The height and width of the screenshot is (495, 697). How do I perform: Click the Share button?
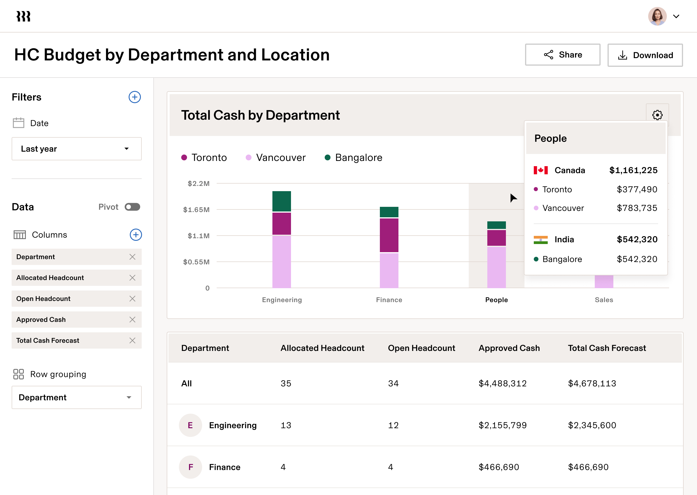(x=562, y=55)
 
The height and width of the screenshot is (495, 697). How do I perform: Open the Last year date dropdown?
(x=76, y=149)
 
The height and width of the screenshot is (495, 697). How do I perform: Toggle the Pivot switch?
(x=132, y=207)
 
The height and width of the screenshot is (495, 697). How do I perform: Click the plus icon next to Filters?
(x=135, y=97)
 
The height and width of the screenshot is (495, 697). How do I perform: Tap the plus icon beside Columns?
(x=136, y=235)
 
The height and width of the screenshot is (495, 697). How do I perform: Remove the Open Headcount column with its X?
(x=132, y=299)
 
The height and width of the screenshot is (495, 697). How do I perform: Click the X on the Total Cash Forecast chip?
(x=132, y=340)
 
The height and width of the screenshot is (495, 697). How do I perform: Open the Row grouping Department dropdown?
(x=76, y=397)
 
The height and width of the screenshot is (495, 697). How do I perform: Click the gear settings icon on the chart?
(x=657, y=115)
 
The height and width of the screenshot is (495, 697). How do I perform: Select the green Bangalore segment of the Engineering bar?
(x=281, y=201)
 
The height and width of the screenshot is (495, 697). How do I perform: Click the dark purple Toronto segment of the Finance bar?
(x=389, y=235)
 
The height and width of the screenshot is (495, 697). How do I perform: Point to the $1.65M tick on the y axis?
(x=196, y=210)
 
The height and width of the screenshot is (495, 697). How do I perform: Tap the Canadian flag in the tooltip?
(x=540, y=170)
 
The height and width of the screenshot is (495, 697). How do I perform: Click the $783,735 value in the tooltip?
(x=637, y=208)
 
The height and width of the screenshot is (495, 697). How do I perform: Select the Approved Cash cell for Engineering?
(x=502, y=425)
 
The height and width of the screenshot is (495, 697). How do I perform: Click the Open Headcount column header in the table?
(x=421, y=348)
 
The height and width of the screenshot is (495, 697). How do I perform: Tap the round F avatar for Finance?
(x=191, y=467)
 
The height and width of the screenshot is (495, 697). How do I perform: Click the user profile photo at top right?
(x=657, y=17)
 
